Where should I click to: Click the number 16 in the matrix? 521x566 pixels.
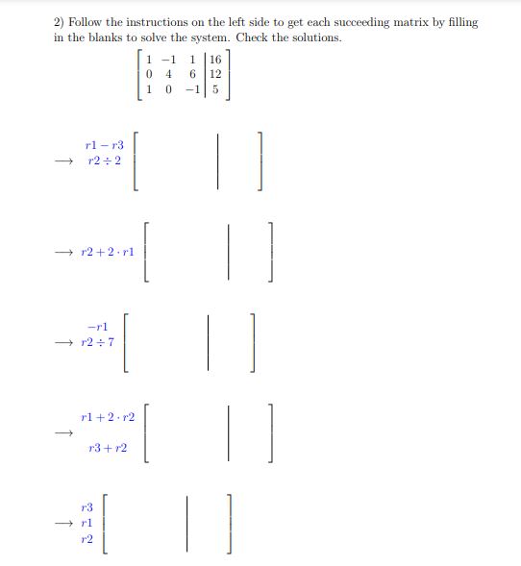click(215, 59)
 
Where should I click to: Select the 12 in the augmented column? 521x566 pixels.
click(215, 74)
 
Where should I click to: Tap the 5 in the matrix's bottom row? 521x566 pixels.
click(215, 89)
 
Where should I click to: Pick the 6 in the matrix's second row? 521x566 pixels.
click(192, 74)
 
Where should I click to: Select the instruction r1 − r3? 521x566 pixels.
click(105, 144)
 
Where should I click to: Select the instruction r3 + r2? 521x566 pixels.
click(107, 448)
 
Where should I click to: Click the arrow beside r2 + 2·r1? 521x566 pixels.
click(63, 252)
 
